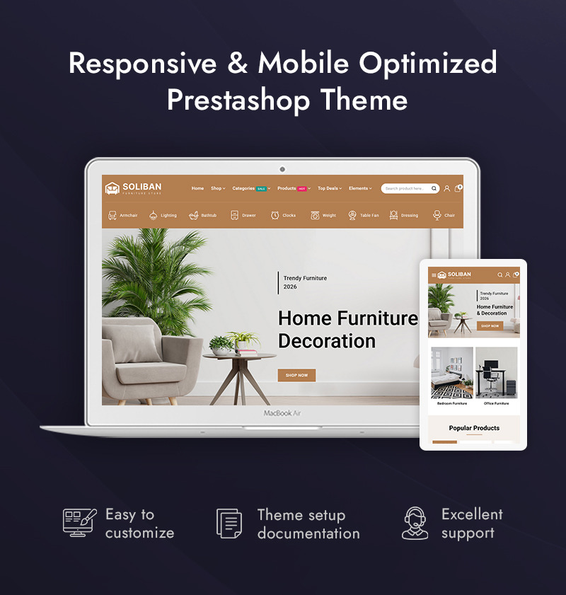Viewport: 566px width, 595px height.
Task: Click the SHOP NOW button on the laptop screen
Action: click(x=296, y=375)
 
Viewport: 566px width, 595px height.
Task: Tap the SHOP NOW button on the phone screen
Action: click(x=490, y=325)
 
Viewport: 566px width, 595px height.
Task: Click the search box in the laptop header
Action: click(x=408, y=188)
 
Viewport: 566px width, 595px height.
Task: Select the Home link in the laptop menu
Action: click(x=197, y=188)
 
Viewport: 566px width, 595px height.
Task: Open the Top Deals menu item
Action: click(x=329, y=188)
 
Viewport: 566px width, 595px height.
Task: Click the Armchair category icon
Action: click(x=112, y=215)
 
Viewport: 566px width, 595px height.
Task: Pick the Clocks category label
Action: click(x=289, y=215)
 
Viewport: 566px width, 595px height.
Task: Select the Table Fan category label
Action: click(x=369, y=215)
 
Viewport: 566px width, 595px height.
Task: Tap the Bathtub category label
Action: click(x=209, y=215)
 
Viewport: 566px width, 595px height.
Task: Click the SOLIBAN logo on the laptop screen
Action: click(x=134, y=188)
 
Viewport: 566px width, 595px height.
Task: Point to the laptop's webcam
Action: click(x=282, y=169)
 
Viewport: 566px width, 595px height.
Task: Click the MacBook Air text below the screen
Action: click(x=282, y=413)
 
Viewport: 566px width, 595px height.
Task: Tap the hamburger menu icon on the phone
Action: click(x=434, y=275)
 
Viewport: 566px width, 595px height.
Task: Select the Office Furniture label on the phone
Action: click(x=496, y=403)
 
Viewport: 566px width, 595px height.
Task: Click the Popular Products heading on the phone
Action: click(x=474, y=428)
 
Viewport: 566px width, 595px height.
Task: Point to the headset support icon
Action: click(x=415, y=524)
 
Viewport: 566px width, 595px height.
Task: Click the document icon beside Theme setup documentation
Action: click(x=229, y=524)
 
